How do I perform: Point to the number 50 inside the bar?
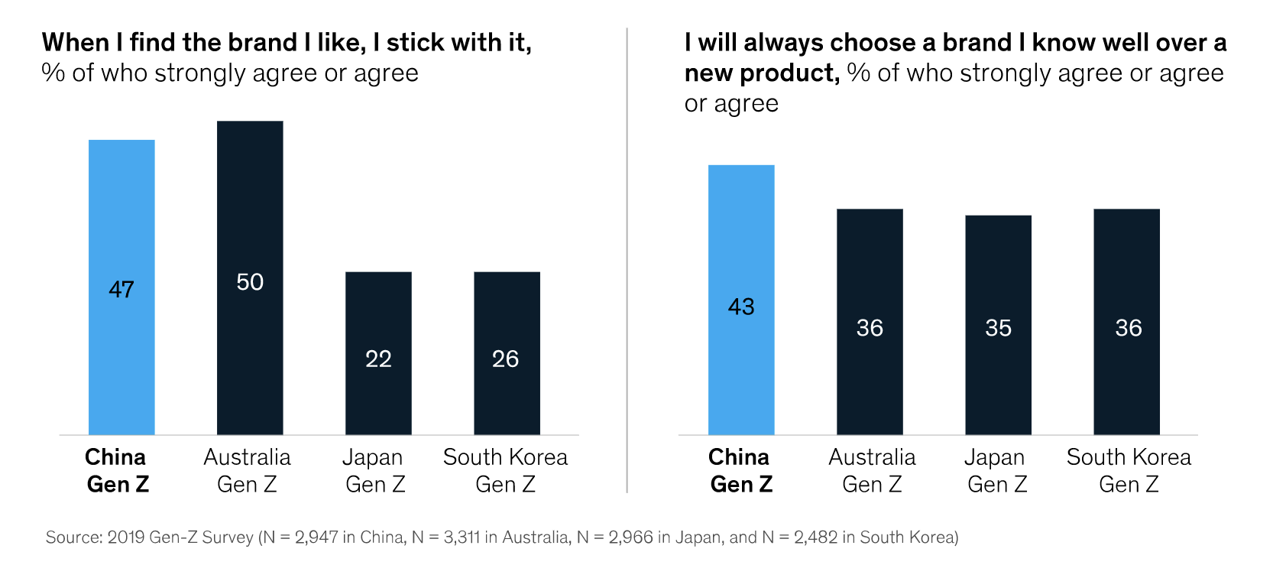tap(250, 282)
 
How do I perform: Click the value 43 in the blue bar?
tap(741, 307)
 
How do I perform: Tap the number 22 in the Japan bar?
tap(378, 359)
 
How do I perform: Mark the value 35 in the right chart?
tap(998, 328)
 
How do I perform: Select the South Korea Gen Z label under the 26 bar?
tap(505, 470)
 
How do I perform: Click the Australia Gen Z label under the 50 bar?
tap(247, 470)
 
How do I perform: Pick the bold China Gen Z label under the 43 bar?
tap(740, 470)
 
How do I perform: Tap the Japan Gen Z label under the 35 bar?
tap(996, 470)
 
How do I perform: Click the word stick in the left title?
tap(415, 43)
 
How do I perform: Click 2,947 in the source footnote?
tap(316, 537)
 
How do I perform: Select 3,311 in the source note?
tap(462, 537)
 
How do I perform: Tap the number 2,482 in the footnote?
tap(815, 537)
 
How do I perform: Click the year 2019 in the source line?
tap(126, 537)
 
